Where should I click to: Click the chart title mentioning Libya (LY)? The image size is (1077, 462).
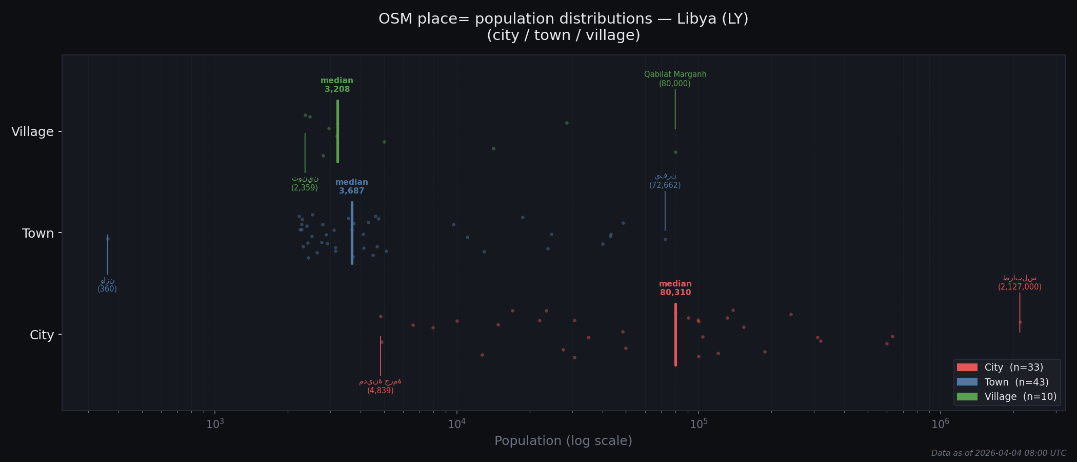(x=563, y=27)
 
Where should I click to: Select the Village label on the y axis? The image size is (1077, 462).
(x=32, y=132)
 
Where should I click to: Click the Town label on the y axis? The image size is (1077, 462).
(x=37, y=234)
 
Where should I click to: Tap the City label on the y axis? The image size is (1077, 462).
(x=42, y=335)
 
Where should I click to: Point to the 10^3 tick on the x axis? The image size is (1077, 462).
(x=215, y=424)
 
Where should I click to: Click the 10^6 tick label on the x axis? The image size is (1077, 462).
(x=940, y=424)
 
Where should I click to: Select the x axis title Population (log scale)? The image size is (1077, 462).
(x=563, y=441)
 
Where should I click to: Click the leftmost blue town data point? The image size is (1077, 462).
(x=108, y=239)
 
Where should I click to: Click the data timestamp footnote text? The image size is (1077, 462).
(x=998, y=453)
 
